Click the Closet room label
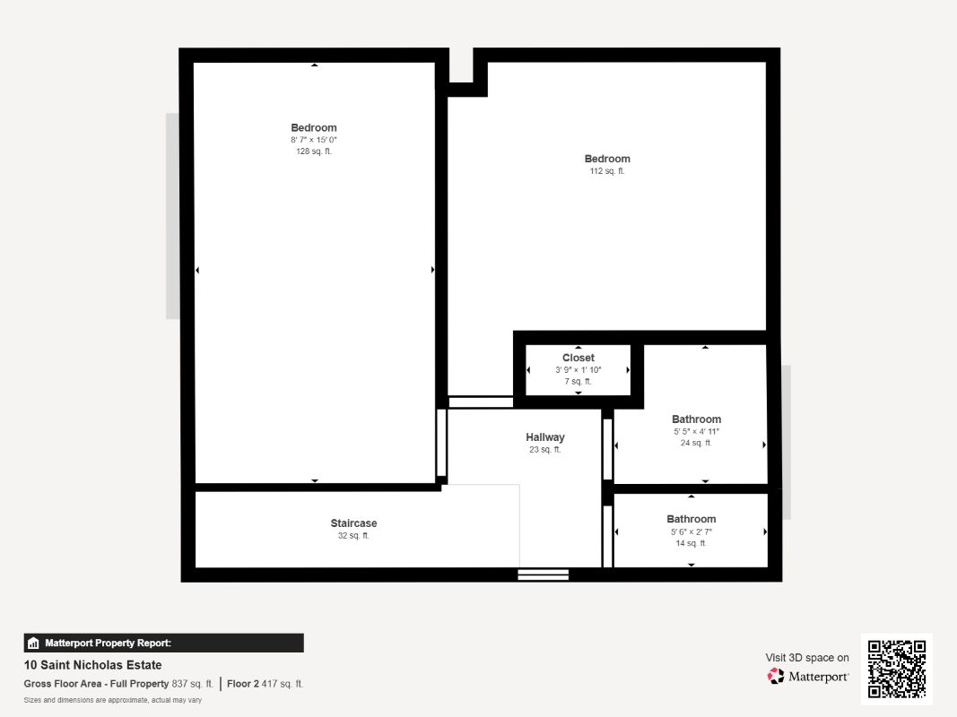578,358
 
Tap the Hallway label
545,437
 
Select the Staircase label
353,523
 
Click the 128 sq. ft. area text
314,151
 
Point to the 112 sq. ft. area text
606,170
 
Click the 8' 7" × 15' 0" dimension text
314,140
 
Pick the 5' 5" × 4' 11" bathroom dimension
696,431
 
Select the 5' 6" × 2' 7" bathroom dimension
691,531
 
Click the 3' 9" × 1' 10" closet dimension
578,369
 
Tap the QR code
897,669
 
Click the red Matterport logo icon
776,676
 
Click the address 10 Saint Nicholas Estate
92,664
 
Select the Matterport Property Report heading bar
163,643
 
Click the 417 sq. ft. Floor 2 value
282,684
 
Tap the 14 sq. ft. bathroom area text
691,543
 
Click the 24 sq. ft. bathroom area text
696,443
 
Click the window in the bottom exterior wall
544,574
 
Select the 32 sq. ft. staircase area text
353,535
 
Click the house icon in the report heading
33,643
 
